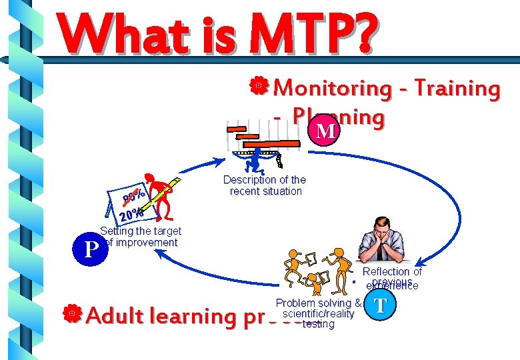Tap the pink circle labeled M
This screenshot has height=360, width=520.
pyautogui.click(x=325, y=130)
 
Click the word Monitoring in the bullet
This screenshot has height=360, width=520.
pyautogui.click(x=334, y=88)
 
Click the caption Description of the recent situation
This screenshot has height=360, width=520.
pyautogui.click(x=265, y=185)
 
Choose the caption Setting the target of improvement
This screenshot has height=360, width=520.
pyautogui.click(x=140, y=237)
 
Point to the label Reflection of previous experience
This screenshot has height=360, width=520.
pyautogui.click(x=392, y=278)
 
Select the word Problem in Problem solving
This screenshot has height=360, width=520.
pyautogui.click(x=295, y=304)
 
